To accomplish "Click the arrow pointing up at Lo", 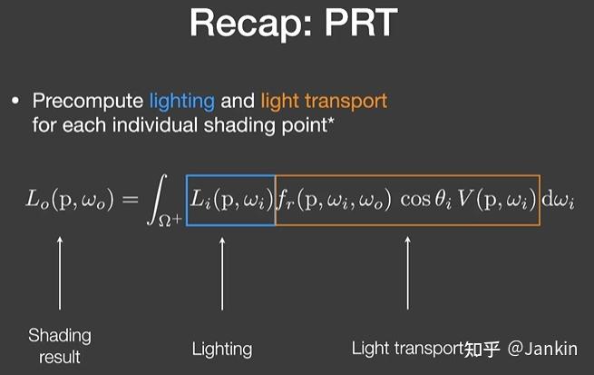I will (x=60, y=272).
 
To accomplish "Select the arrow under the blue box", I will (x=222, y=272).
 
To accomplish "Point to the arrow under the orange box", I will (x=407, y=272).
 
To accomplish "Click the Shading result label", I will (x=60, y=346).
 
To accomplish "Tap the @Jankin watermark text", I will (x=542, y=349).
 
